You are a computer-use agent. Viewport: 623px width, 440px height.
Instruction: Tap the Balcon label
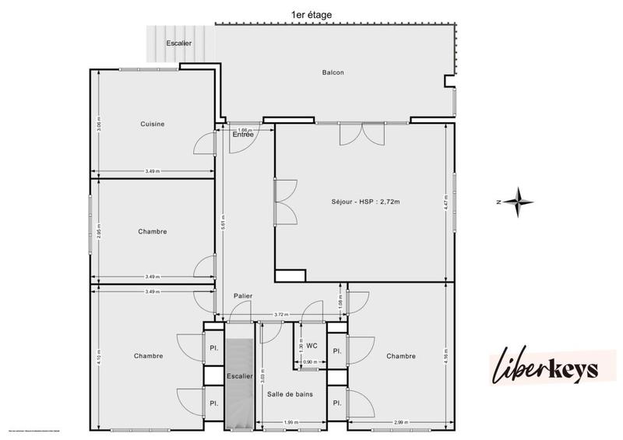(x=333, y=73)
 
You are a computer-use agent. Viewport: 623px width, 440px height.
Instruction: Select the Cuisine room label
(x=153, y=124)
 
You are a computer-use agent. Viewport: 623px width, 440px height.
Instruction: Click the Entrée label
(x=243, y=135)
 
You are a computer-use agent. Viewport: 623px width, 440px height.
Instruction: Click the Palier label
(x=242, y=296)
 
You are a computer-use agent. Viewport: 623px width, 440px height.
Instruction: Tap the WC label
(x=311, y=344)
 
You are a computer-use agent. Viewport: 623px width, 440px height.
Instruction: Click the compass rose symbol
(x=516, y=201)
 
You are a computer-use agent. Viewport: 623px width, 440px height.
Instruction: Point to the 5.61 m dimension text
(x=224, y=220)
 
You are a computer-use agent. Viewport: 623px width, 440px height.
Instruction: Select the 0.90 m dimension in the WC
(x=308, y=362)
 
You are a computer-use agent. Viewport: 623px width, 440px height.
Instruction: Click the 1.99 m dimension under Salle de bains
(x=290, y=423)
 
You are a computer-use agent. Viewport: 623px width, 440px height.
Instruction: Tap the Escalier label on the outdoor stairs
(x=178, y=43)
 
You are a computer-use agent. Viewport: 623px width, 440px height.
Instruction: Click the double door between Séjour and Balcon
(x=361, y=133)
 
